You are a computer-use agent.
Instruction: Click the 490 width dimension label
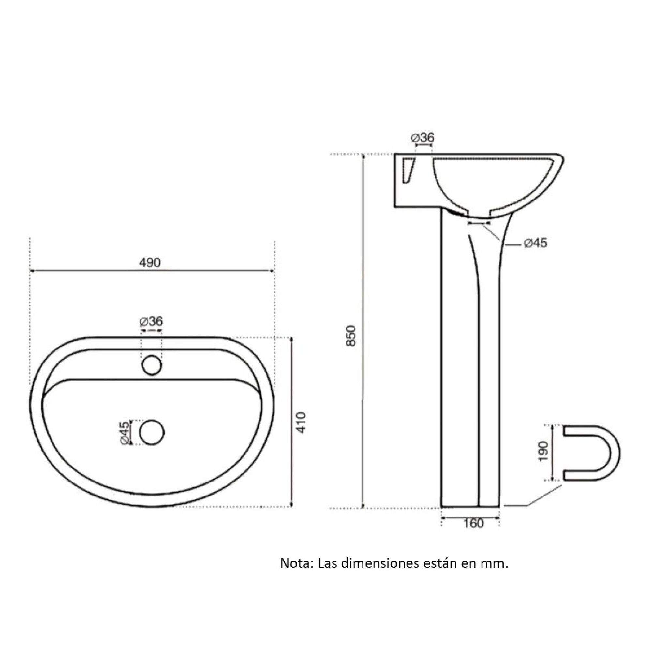point(150,262)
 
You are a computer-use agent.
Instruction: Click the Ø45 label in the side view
point(536,243)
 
